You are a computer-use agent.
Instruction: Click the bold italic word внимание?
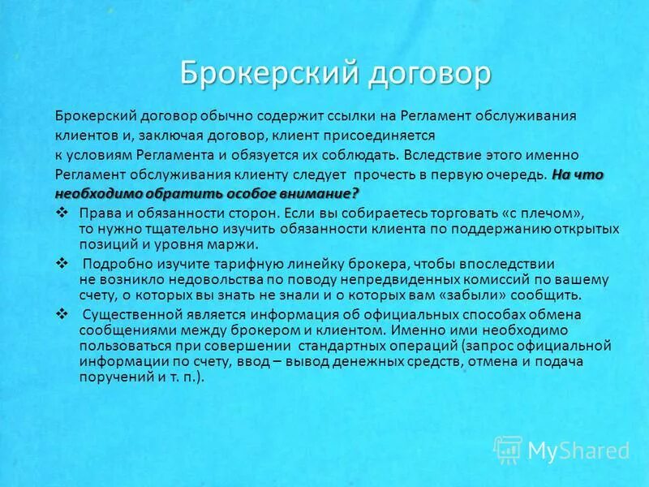point(316,193)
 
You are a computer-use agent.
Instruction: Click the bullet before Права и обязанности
point(61,213)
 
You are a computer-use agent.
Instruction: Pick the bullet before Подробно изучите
point(61,264)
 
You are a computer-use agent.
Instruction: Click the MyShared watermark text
point(578,450)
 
